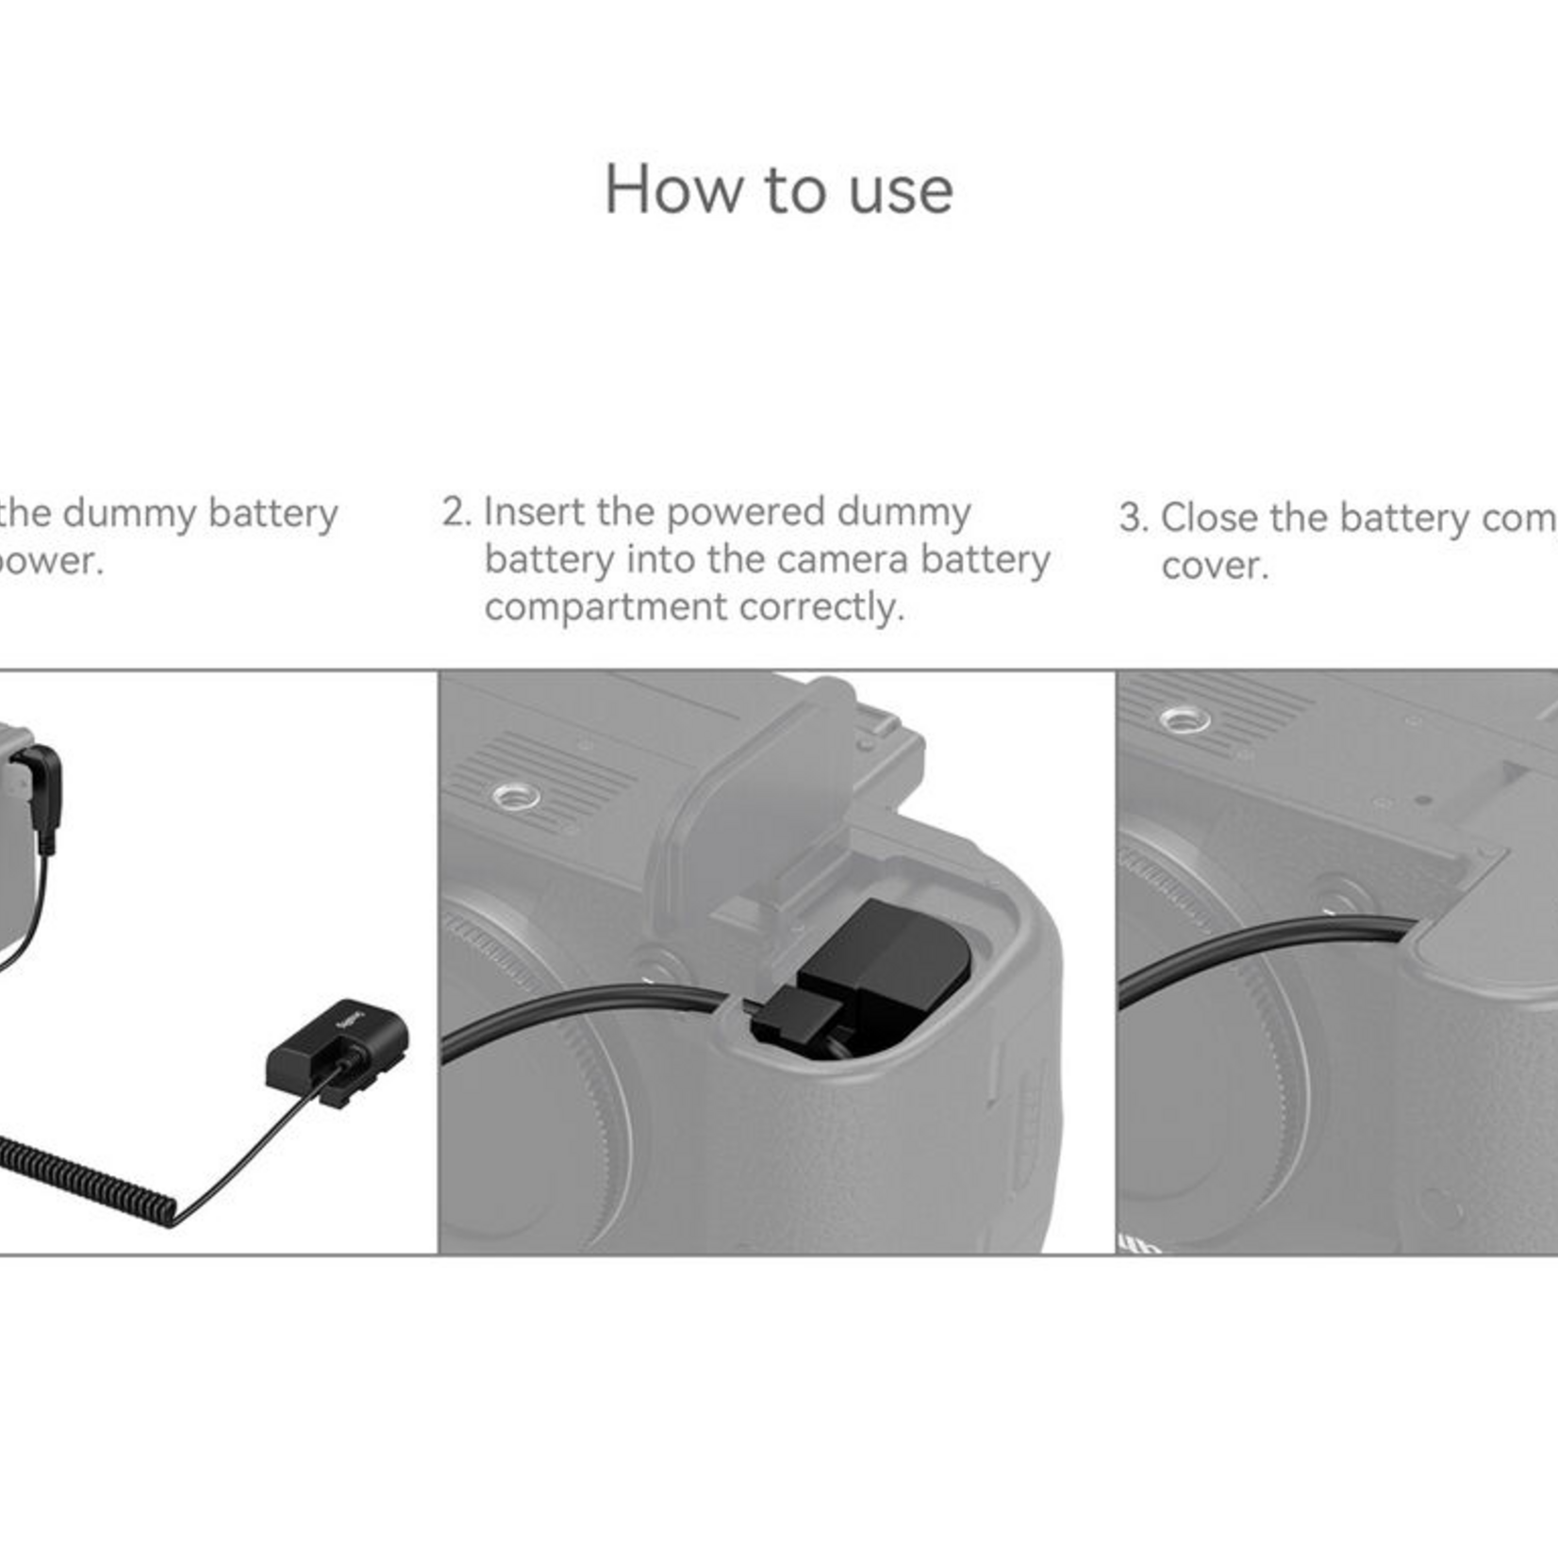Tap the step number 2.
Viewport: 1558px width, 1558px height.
pos(456,513)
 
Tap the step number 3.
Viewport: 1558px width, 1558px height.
pos(1132,519)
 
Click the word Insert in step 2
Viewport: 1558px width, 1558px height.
pos(534,512)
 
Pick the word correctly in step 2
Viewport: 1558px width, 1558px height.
pos(820,607)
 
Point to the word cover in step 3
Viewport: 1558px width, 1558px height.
pos(1214,566)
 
